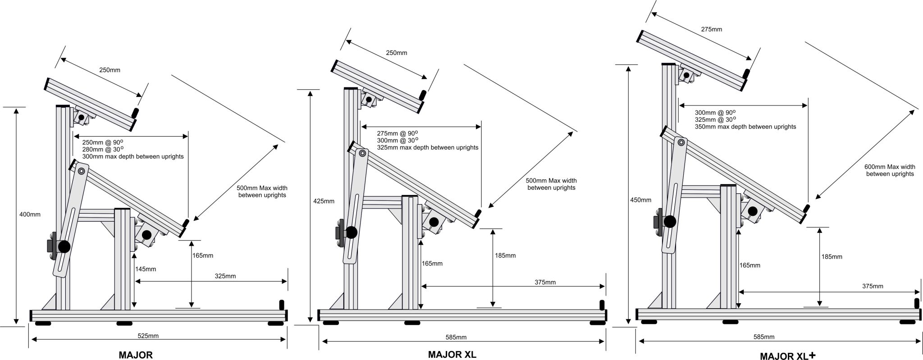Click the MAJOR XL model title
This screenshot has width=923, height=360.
(x=452, y=354)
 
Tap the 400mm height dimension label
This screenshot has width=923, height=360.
(x=29, y=214)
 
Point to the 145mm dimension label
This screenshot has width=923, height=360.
(x=145, y=269)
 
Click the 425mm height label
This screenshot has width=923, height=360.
(x=324, y=201)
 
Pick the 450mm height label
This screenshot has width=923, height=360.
(x=640, y=200)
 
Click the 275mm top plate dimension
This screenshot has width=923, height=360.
(x=711, y=29)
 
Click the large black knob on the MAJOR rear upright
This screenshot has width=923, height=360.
(x=64, y=246)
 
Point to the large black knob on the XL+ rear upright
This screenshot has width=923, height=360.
(x=670, y=221)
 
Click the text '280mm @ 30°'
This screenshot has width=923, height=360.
(x=103, y=149)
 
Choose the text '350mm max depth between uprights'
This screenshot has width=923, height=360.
(x=745, y=127)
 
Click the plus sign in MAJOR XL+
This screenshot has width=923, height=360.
(x=812, y=355)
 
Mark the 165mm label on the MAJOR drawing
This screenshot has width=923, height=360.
(x=203, y=255)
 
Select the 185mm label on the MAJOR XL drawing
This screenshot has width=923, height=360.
(x=505, y=255)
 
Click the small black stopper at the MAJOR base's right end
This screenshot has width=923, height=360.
(x=282, y=305)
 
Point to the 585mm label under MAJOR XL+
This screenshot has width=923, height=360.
(x=763, y=337)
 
